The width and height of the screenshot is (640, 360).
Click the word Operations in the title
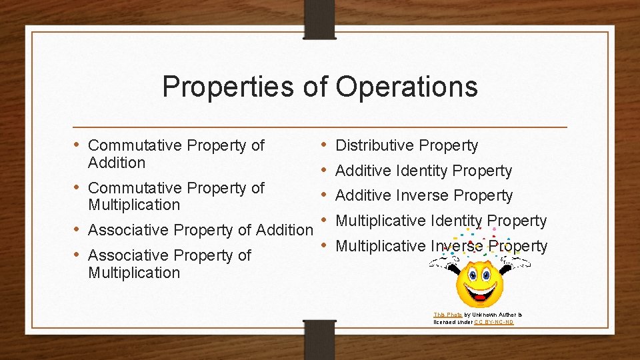[406, 87]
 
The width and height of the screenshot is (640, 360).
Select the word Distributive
[376, 145]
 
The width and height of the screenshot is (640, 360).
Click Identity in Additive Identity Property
[423, 171]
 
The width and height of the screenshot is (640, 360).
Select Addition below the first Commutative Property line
[117, 163]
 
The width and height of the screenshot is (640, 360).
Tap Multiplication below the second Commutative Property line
[134, 205]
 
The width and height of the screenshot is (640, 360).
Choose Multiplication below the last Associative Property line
[134, 273]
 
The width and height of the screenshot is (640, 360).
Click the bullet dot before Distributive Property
[323, 145]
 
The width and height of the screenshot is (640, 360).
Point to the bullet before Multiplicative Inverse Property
[323, 245]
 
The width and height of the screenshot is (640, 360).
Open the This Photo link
[447, 315]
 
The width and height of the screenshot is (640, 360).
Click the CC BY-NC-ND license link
[493, 322]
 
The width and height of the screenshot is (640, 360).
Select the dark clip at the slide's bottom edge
[320, 339]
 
